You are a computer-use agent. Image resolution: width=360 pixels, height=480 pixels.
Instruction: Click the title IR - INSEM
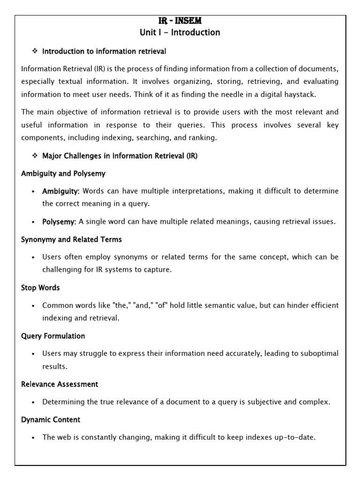[x=180, y=21]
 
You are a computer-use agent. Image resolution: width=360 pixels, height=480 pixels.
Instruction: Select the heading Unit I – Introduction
[x=180, y=32]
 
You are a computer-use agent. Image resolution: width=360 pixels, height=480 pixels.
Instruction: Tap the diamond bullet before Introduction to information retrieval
[x=34, y=51]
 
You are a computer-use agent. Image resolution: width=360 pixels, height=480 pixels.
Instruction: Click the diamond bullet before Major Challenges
[x=34, y=156]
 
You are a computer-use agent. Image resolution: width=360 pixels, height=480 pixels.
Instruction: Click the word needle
[x=220, y=94]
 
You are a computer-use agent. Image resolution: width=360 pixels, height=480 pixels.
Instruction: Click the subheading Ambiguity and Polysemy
[x=63, y=173]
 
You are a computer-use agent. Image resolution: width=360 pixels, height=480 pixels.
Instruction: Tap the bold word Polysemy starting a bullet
[x=59, y=222]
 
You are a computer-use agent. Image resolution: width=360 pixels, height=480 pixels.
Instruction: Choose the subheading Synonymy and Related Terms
[x=71, y=240]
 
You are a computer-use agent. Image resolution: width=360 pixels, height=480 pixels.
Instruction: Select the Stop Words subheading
[x=40, y=287]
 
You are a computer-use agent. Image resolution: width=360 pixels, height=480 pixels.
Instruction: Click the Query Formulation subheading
[x=53, y=336]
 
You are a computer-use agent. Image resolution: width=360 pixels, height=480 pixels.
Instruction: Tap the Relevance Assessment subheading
[x=60, y=384]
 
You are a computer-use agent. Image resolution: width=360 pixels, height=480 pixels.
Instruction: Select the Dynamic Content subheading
[x=51, y=420]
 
